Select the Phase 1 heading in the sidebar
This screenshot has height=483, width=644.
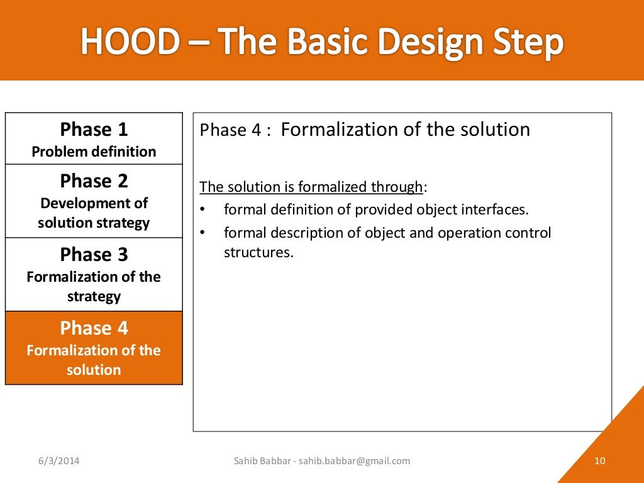[x=94, y=130]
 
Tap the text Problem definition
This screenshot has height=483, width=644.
[x=94, y=152]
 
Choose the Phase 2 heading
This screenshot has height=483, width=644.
[x=94, y=181]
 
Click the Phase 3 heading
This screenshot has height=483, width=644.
[x=94, y=255]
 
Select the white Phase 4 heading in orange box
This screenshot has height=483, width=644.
[x=94, y=328]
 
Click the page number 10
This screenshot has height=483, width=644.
[x=599, y=461]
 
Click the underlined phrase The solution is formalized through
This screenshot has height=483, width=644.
[x=311, y=187]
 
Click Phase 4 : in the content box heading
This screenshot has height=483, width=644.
[x=235, y=131]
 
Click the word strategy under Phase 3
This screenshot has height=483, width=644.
[x=94, y=296]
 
